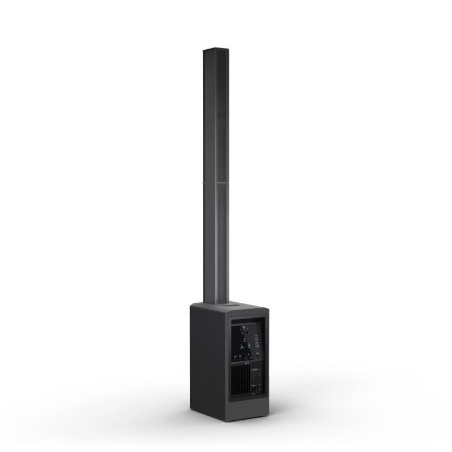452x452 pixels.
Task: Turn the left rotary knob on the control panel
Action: click(x=241, y=333)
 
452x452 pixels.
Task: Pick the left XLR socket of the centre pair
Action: click(x=246, y=357)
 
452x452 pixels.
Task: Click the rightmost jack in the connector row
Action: click(x=258, y=357)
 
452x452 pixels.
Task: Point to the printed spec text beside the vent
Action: click(x=256, y=371)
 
